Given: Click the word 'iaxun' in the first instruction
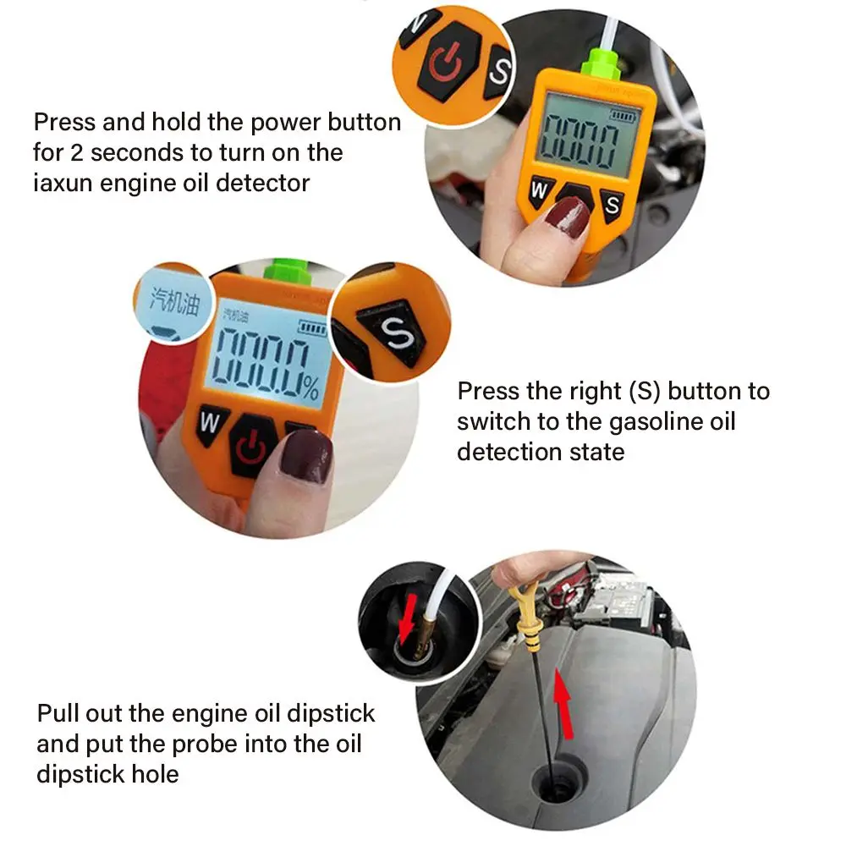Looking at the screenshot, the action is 63,183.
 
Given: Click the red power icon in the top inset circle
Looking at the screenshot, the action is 446,63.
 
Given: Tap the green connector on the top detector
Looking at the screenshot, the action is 601,63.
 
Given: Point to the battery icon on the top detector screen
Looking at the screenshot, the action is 624,116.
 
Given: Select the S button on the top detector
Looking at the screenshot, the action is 612,205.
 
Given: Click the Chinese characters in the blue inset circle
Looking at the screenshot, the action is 174,299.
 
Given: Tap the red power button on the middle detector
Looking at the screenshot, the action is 251,447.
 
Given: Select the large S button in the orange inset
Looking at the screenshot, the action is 397,332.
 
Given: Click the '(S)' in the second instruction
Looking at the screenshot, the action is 645,391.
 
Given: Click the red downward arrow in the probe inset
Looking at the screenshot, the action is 408,615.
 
